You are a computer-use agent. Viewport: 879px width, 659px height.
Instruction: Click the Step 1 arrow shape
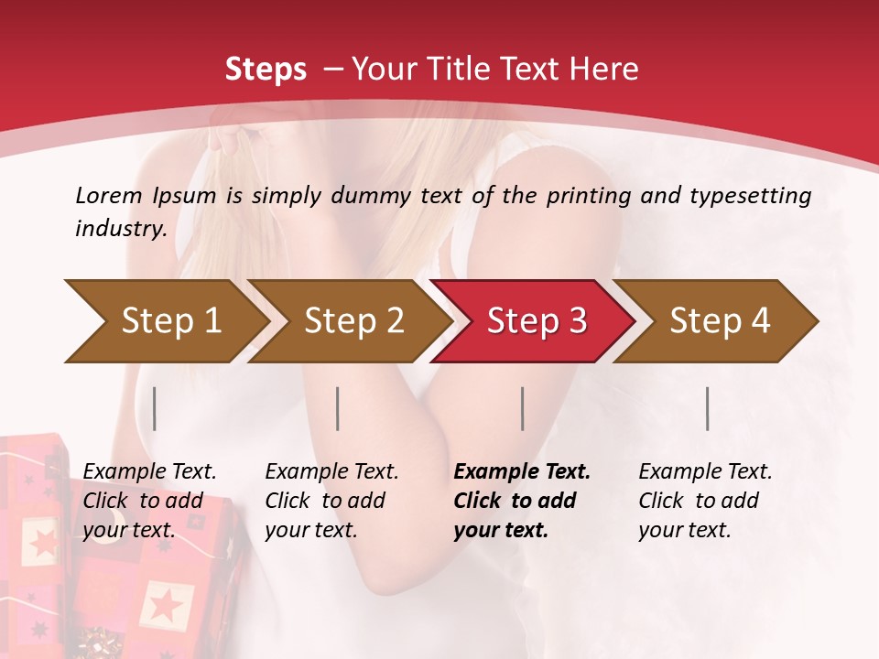165,321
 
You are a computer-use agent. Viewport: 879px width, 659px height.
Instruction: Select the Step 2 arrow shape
348,321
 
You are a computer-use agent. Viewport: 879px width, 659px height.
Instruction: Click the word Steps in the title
266,69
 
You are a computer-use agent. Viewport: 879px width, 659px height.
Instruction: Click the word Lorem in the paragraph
109,195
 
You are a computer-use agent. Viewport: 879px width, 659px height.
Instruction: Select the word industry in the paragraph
119,229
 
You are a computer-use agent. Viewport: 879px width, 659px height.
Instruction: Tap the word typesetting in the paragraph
754,196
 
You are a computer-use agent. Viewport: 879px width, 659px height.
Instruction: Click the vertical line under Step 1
155,408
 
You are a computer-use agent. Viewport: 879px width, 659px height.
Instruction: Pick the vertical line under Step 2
338,408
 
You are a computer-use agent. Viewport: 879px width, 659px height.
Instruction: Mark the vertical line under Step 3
523,408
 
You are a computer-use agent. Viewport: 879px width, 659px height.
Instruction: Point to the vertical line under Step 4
708,408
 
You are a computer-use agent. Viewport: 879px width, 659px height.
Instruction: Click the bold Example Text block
521,501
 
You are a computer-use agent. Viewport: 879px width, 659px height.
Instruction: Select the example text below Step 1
149,501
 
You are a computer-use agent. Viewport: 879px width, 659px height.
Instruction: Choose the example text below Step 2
331,501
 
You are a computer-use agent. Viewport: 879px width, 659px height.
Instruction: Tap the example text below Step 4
705,501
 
